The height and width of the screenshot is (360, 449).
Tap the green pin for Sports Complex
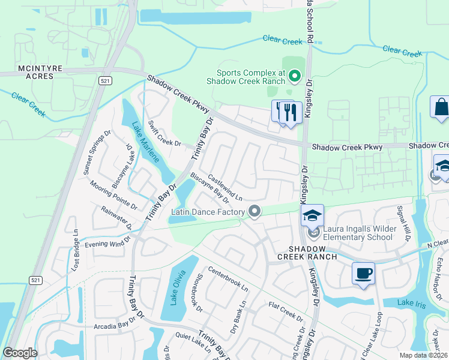click(x=294, y=76)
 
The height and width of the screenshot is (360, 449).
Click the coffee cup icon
click(x=363, y=274)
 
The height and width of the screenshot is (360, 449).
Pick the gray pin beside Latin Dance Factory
click(x=255, y=211)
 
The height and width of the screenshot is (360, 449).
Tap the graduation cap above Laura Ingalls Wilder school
click(x=312, y=215)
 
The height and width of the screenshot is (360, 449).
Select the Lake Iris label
click(x=412, y=305)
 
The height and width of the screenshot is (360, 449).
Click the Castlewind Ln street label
click(x=225, y=188)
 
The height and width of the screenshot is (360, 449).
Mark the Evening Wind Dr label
click(x=107, y=242)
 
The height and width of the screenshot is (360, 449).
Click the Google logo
click(x=20, y=353)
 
